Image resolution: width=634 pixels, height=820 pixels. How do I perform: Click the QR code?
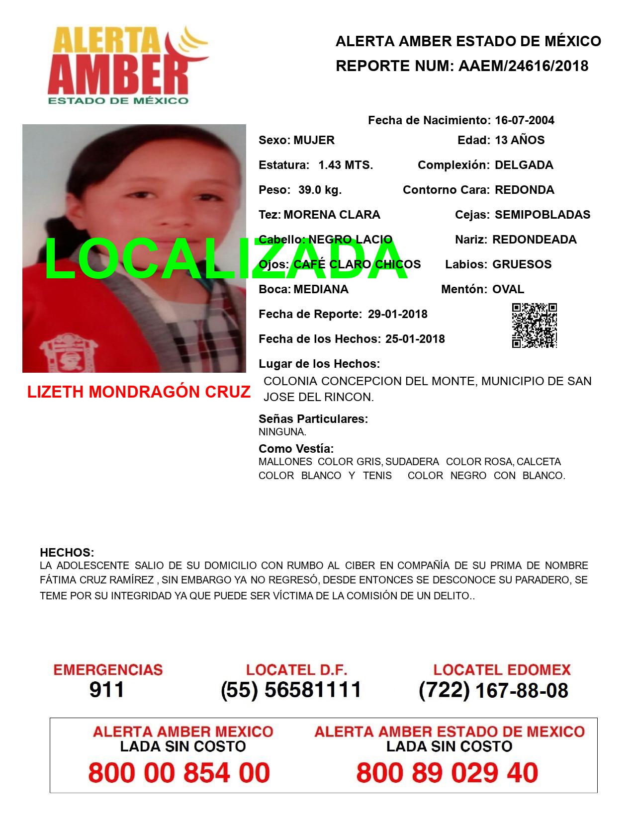[535, 326]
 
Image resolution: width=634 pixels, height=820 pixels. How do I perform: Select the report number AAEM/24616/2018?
[523, 66]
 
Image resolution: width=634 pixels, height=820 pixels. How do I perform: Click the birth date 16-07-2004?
[525, 120]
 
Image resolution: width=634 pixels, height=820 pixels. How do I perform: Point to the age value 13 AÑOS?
[520, 140]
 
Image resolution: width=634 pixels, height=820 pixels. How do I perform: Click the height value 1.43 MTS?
[346, 165]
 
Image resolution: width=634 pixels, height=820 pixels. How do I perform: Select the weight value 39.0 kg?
[320, 190]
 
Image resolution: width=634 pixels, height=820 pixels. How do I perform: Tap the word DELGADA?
[524, 165]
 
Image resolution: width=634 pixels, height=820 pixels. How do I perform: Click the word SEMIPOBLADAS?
[543, 215]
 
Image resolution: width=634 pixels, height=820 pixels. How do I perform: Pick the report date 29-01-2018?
[398, 314]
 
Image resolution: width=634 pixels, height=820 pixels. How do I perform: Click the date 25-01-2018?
[415, 339]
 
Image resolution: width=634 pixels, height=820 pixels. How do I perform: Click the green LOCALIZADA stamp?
[226, 260]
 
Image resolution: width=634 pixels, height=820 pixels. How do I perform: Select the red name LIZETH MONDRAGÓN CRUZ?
[139, 392]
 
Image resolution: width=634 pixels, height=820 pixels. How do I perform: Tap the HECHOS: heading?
[67, 553]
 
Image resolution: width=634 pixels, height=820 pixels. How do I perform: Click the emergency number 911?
[107, 690]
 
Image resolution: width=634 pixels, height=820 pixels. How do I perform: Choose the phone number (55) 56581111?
[291, 690]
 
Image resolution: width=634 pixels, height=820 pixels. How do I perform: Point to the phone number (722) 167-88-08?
[493, 690]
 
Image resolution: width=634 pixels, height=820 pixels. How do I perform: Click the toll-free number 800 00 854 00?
[179, 773]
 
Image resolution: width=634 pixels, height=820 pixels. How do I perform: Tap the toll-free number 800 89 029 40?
[447, 773]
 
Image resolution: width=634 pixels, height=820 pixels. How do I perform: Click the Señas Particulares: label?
[313, 419]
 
